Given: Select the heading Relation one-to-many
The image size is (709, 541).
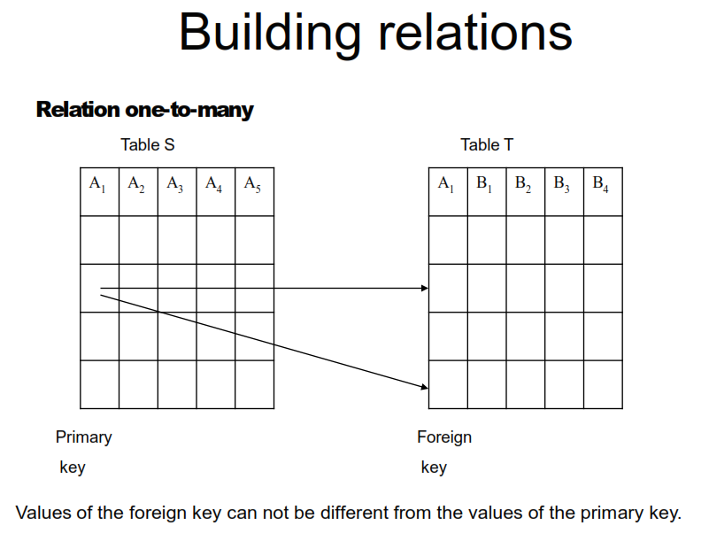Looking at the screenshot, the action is coord(144,110).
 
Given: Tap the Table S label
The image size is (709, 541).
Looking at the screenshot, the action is coord(148,145).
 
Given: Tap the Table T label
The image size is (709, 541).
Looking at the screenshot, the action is coord(487,145).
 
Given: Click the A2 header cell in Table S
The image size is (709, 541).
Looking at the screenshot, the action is coord(137,191).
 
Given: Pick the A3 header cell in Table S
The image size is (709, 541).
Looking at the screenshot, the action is coord(176,191).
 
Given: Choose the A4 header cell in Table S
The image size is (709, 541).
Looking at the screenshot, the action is coord(215,191).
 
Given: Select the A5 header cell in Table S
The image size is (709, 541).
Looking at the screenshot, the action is coord(254,191).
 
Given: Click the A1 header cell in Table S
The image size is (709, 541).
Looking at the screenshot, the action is coord(98,191).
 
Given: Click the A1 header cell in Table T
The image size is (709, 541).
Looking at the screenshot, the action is coord(448,191).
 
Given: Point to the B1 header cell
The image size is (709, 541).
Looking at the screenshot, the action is coord(487,191).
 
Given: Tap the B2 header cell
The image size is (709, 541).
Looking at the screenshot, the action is coord(525,191).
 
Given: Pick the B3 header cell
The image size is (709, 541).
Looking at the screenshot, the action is coord(564,191).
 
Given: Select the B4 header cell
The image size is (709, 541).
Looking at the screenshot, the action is coord(602,191).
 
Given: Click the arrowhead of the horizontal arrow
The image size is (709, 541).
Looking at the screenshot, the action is coord(425,289).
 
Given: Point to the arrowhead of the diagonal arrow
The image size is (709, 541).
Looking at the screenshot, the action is coord(424,386).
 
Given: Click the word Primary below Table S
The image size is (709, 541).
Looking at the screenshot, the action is coord(84,437).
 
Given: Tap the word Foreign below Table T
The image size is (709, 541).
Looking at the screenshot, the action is coord(444,437).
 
